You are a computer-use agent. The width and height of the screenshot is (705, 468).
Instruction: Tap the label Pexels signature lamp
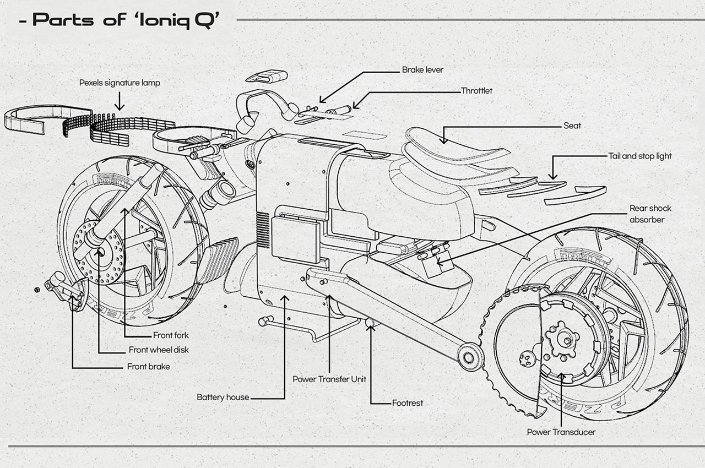tap(120, 83)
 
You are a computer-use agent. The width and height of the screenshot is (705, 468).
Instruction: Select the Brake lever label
tap(422, 70)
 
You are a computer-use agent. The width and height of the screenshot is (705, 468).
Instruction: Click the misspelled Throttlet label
tap(476, 91)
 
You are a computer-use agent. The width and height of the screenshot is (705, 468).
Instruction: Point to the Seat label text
tap(572, 126)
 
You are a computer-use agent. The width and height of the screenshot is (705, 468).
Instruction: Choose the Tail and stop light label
tap(640, 156)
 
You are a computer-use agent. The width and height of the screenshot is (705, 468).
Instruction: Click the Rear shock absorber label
tap(650, 214)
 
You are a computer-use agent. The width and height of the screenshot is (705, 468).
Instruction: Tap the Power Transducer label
tap(561, 432)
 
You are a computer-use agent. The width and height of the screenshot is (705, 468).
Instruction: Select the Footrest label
tap(408, 403)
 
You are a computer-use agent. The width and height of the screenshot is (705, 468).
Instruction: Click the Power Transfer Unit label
tap(329, 379)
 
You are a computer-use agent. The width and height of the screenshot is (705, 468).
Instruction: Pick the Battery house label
tap(223, 397)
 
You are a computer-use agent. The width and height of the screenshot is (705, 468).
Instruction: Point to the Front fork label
tap(171, 335)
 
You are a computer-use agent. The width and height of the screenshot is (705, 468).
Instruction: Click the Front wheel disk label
tap(159, 350)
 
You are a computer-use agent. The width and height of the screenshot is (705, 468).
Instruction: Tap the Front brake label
tap(148, 366)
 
